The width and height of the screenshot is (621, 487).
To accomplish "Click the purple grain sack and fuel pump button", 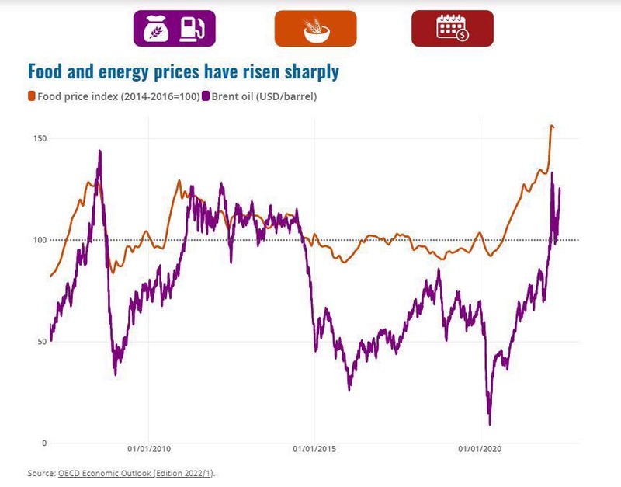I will click(x=174, y=28).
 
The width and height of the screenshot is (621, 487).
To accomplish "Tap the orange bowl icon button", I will click(x=315, y=28).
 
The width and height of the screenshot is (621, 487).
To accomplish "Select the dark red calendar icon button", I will click(x=452, y=28).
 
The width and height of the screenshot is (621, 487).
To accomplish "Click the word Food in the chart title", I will click(x=47, y=72).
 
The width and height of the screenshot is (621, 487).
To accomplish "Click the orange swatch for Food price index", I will click(x=32, y=96).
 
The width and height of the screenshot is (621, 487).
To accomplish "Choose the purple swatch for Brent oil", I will click(x=206, y=96).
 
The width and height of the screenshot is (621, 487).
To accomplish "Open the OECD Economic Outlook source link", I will click(x=136, y=473).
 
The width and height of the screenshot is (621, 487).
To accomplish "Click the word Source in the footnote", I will click(x=40, y=473).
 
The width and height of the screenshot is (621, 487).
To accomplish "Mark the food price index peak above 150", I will click(x=551, y=126).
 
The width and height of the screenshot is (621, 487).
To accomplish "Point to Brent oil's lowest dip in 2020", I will click(x=490, y=424).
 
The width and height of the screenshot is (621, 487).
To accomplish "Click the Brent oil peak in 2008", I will click(x=100, y=151).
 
